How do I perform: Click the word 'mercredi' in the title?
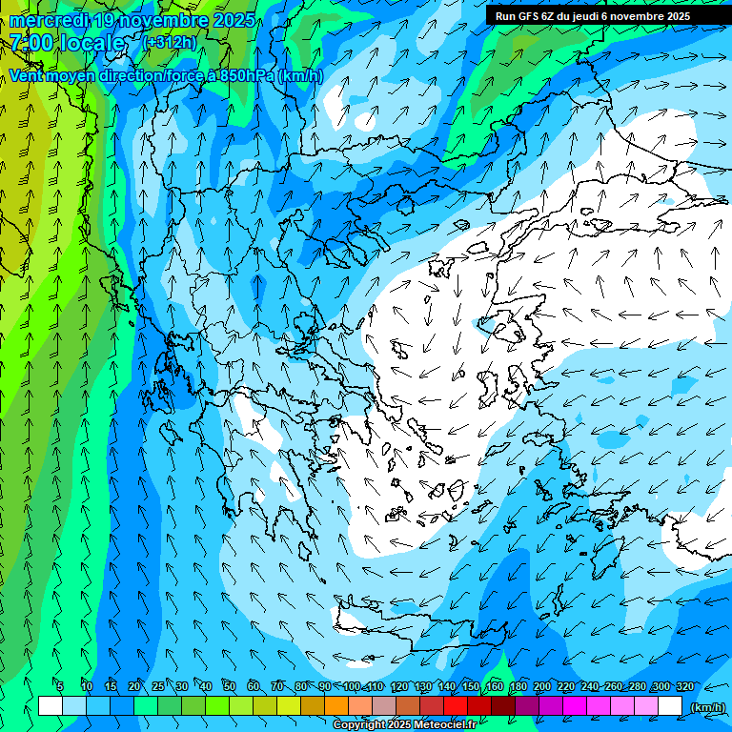click(49, 20)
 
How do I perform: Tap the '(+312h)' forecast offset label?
click(170, 43)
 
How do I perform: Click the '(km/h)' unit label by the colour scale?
click(706, 706)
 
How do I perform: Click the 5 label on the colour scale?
click(60, 686)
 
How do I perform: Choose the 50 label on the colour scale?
click(230, 686)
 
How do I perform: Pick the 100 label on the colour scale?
click(352, 686)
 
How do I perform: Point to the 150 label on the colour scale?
click(471, 686)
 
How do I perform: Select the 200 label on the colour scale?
click(542, 686)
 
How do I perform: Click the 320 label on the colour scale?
click(684, 686)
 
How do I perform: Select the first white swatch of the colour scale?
click(51, 706)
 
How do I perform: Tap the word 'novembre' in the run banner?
click(639, 16)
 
